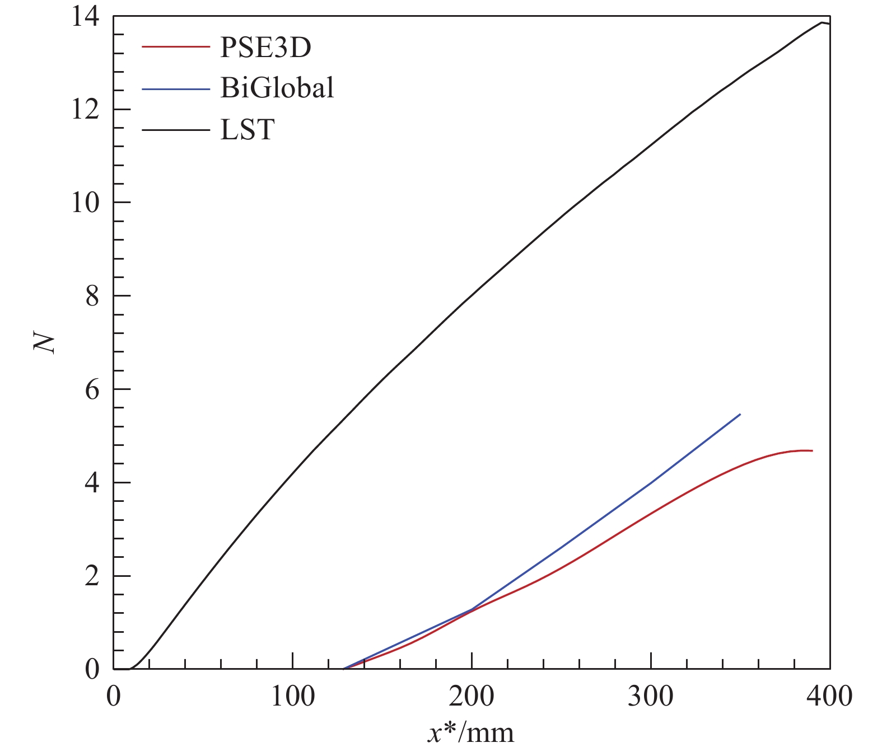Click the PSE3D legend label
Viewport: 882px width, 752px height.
265,48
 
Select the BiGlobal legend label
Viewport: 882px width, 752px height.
277,88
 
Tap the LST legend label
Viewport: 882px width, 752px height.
248,130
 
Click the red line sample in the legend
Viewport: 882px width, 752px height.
175,47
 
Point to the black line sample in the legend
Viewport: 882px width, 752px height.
175,130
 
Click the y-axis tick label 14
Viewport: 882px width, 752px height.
85,17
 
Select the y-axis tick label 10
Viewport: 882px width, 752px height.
85,203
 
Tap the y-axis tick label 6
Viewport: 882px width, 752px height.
92,390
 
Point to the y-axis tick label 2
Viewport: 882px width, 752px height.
92,576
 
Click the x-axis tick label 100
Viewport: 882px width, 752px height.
292,697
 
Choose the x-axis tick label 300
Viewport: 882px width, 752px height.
651,697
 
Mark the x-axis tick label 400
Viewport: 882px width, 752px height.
829,697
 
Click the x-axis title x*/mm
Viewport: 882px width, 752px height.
470,733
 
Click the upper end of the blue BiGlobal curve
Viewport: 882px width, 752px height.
740,415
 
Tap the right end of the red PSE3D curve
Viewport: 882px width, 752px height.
811,450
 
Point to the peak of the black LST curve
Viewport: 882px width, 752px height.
822,22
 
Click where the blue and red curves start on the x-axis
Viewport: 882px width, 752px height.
344,669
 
